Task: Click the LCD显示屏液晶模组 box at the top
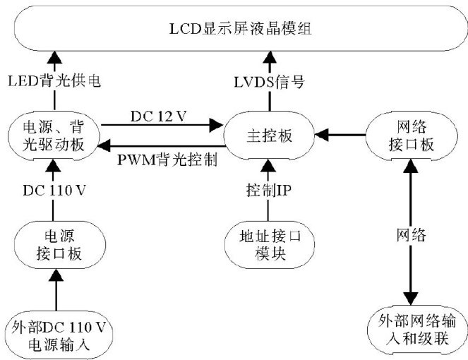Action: pyautogui.click(x=233, y=30)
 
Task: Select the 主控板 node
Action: pyautogui.click(x=268, y=133)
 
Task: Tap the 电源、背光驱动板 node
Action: pyautogui.click(x=53, y=132)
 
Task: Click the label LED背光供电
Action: pyautogui.click(x=54, y=83)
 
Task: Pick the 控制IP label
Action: pyautogui.click(x=268, y=189)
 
